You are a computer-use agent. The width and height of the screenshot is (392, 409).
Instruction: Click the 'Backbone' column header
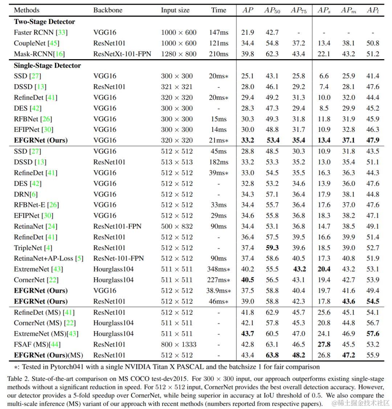[x=108, y=10]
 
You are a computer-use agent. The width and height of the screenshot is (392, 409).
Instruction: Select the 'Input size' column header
[x=175, y=10]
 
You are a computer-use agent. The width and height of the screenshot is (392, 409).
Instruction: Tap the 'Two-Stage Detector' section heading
[x=44, y=21]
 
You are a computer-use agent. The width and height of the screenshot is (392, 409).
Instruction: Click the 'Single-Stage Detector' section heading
[x=47, y=65]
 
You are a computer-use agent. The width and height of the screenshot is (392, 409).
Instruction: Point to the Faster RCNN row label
[x=41, y=32]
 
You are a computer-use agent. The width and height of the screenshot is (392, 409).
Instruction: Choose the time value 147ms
[x=219, y=32]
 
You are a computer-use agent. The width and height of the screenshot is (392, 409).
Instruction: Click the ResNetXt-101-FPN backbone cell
[x=122, y=54]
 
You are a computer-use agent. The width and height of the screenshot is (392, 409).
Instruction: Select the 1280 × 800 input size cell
[x=179, y=54]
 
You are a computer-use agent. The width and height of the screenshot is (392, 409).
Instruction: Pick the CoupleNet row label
[x=37, y=43]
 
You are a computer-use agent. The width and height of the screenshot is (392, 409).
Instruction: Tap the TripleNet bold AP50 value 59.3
[x=272, y=248]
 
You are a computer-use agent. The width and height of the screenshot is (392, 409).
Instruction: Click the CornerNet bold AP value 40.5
[x=248, y=279]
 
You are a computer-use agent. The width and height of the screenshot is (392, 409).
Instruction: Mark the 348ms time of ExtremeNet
[x=219, y=269]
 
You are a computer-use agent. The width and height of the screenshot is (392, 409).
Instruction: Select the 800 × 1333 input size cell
[x=179, y=344]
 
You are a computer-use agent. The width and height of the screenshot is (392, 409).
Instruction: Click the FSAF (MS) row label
[x=37, y=344]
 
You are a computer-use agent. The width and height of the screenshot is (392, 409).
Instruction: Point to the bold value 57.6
[x=373, y=334]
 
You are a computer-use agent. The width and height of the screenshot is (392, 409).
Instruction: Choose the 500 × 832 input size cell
[x=177, y=226]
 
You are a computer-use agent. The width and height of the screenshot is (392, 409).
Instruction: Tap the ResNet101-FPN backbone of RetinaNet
[x=117, y=226]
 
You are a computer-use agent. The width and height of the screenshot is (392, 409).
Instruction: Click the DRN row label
[x=25, y=194]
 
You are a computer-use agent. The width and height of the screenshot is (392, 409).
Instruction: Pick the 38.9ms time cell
[x=219, y=290]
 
